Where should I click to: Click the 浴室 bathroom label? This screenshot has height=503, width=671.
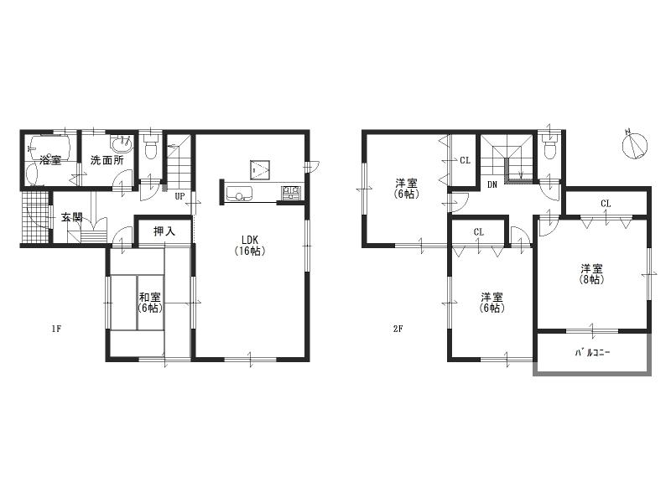tap(50, 160)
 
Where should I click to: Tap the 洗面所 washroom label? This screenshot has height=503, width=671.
tap(107, 160)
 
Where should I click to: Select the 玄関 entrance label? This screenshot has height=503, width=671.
tap(71, 218)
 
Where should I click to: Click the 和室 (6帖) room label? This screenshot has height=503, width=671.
tap(150, 302)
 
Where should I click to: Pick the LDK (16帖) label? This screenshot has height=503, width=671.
tap(251, 244)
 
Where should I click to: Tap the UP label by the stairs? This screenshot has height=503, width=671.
tap(179, 197)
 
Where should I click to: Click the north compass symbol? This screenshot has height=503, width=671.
tap(635, 146)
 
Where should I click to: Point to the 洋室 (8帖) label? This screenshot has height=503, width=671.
tap(591, 274)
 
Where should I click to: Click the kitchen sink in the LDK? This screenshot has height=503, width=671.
tap(239, 194)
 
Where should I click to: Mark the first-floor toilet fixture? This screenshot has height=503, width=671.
tap(151, 148)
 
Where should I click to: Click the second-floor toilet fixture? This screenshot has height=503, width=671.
tap(550, 148)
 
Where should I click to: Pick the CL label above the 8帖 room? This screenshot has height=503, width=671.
tap(605, 204)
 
